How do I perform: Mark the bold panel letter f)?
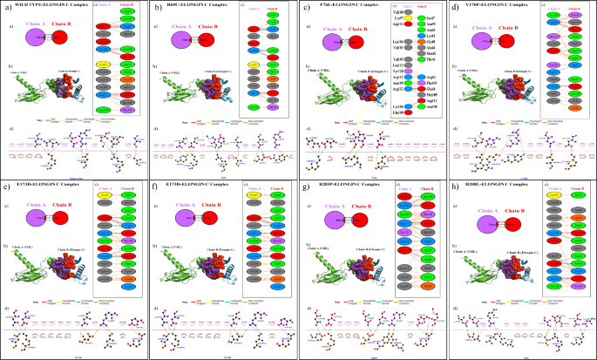coord(155,186)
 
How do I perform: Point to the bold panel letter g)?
coord(303,186)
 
